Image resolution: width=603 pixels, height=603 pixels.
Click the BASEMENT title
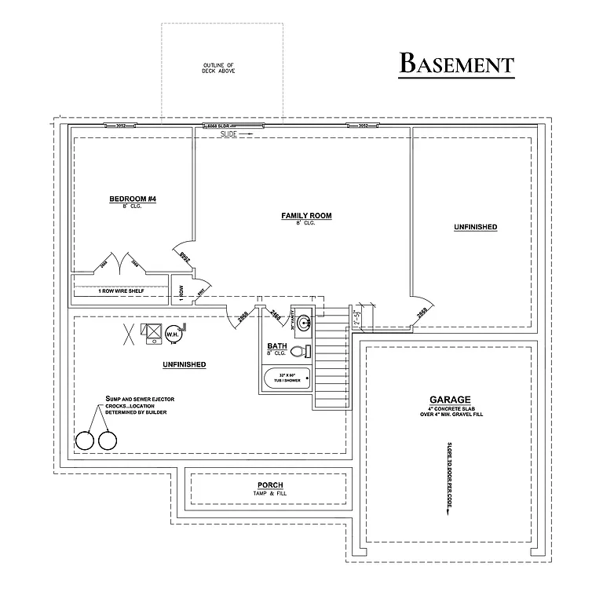[x=456, y=63]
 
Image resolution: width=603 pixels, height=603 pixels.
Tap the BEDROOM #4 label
[x=133, y=199]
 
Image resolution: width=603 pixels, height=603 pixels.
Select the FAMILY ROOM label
[x=306, y=215]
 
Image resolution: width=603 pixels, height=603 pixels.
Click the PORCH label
[x=270, y=485]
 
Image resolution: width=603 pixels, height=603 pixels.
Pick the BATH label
[x=276, y=345]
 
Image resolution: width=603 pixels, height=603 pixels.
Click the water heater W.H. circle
[x=171, y=335]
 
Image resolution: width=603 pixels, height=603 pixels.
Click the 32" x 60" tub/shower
[x=287, y=378]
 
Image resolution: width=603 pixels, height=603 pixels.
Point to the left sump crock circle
[x=85, y=441]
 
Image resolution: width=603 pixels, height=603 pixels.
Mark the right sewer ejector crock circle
[x=107, y=441]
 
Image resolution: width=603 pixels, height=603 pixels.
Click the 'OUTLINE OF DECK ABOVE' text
[x=219, y=68]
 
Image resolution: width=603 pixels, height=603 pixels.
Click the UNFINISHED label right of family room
[x=475, y=227]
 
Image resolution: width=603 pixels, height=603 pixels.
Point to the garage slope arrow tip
[x=449, y=515]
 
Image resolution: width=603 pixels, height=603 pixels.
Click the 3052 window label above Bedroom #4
[x=121, y=126]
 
